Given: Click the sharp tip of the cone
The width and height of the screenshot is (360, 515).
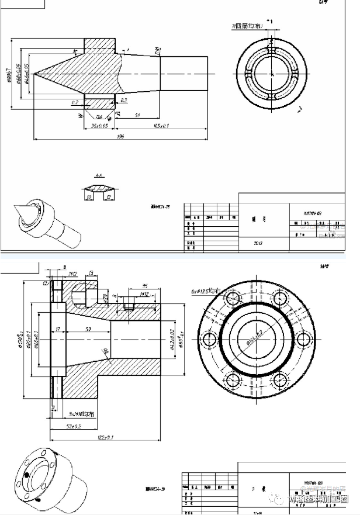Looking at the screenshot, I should (34, 74).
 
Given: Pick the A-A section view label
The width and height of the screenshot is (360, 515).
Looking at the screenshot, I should (99, 175).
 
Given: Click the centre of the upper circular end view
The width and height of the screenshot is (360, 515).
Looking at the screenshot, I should (272, 72).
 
